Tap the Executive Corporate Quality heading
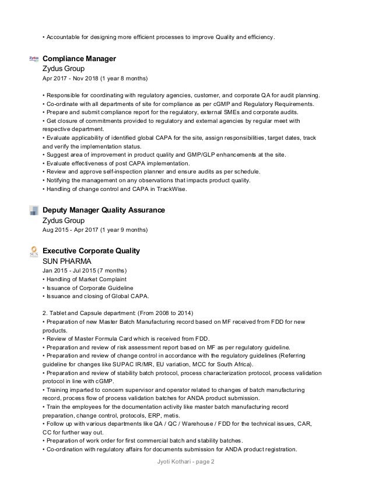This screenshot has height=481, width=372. click(91, 251)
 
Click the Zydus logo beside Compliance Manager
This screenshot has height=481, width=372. click(34, 59)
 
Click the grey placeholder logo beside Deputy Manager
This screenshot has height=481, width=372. click(34, 210)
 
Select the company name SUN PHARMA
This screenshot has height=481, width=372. click(67, 261)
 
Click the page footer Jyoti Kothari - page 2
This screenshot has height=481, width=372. click(185, 462)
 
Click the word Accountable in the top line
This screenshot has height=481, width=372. click(63, 38)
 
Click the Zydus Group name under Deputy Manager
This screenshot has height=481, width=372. click(64, 221)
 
